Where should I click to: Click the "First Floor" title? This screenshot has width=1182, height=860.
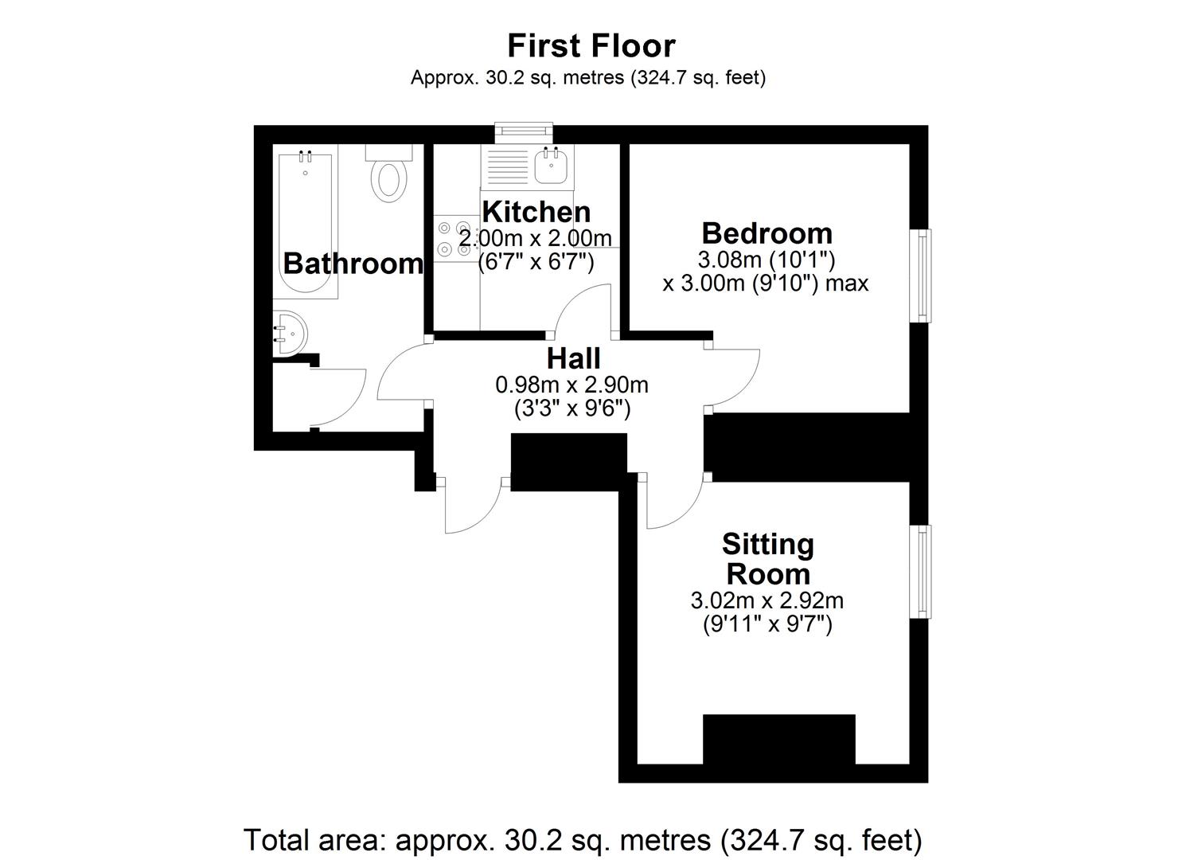point(591,46)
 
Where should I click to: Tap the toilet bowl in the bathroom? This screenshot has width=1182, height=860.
point(389,179)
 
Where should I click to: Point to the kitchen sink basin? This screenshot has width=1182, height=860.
point(551,168)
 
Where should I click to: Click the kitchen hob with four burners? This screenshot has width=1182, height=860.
point(453,238)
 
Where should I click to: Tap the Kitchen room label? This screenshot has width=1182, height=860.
point(536,212)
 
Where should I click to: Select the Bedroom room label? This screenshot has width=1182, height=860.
point(767,233)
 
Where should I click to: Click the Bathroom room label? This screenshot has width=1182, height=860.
point(353,263)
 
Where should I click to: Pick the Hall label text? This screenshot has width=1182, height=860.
point(573,358)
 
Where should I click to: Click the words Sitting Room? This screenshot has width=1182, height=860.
point(767,559)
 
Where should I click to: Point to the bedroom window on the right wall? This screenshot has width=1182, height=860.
point(922,276)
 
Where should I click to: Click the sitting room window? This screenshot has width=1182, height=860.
point(922,571)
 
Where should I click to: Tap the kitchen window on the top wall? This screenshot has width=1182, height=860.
point(523,131)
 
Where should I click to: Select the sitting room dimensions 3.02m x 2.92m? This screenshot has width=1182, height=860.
point(767,600)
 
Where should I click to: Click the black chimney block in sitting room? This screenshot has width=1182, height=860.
point(778,739)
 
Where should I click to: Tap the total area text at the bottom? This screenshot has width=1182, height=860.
point(583,839)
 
